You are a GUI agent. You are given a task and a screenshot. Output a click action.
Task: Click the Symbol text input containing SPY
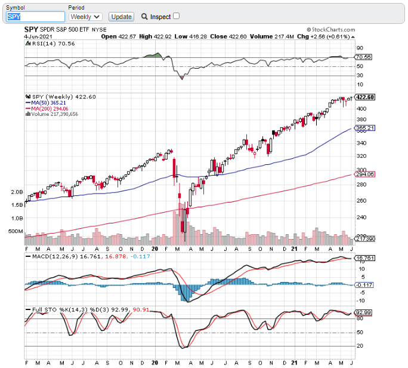(x=35, y=17)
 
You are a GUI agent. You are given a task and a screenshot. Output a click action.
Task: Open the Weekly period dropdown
(x=86, y=17)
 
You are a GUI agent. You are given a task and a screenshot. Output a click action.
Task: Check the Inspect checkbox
(x=176, y=16)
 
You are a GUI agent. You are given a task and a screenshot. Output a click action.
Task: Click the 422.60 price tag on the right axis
(x=364, y=97)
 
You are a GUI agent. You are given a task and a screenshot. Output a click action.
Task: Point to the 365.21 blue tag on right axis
(x=364, y=128)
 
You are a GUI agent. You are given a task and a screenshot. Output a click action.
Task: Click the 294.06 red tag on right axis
(x=364, y=174)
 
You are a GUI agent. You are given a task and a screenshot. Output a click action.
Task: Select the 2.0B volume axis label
(x=17, y=192)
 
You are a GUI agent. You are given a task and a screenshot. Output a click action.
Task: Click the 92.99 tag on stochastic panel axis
(x=364, y=312)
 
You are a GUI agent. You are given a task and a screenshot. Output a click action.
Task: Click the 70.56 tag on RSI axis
(x=364, y=57)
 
